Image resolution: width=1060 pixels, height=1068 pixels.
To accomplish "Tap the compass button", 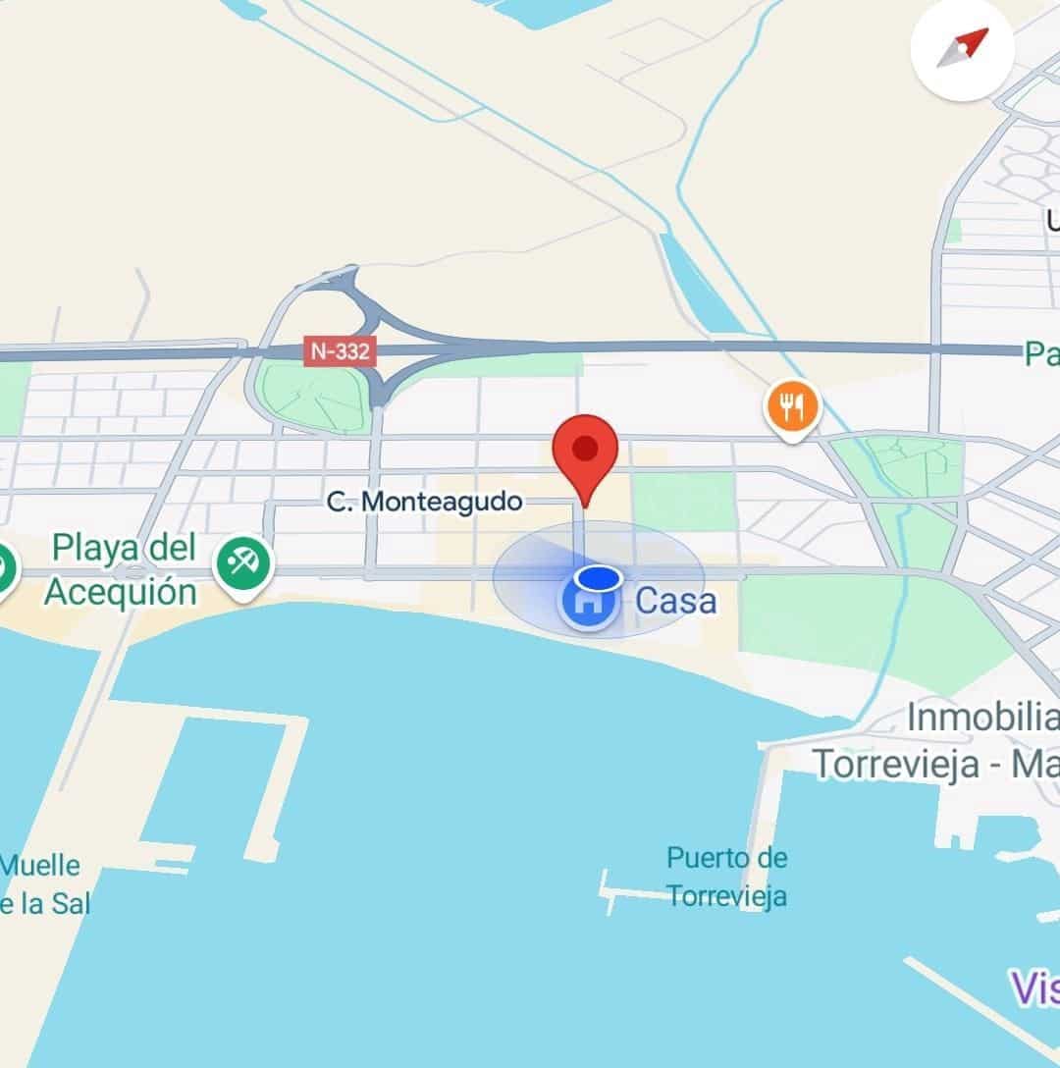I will [961, 50].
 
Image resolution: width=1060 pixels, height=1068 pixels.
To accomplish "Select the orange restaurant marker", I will [793, 406].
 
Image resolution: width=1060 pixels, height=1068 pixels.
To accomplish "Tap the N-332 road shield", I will [340, 351].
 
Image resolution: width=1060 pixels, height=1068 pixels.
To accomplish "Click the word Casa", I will [675, 601].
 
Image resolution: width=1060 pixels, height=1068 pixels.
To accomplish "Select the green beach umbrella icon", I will [243, 563].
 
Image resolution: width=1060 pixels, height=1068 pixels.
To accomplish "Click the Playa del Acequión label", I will [122, 569].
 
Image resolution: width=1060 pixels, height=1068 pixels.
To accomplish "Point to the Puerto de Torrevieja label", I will [726, 877].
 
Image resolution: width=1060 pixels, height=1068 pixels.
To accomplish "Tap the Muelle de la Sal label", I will [43, 884].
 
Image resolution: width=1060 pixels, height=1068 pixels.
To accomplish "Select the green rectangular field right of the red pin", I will [683, 501].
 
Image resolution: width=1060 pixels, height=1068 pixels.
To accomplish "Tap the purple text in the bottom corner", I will [1034, 987].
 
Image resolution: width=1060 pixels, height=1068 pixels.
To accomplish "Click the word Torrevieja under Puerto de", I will [727, 896].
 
